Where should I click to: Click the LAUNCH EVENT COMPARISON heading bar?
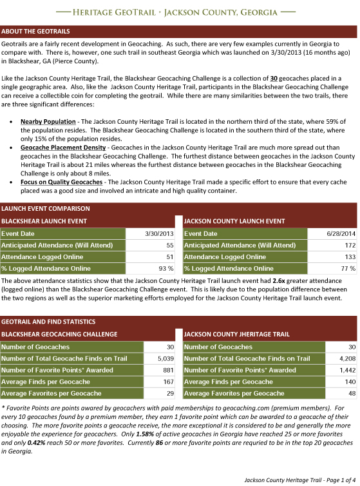(44, 208)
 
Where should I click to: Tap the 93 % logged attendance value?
(166, 268)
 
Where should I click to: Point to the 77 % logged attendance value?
(348, 268)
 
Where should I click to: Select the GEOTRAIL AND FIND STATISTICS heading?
(48, 321)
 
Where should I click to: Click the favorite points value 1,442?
(346, 370)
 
